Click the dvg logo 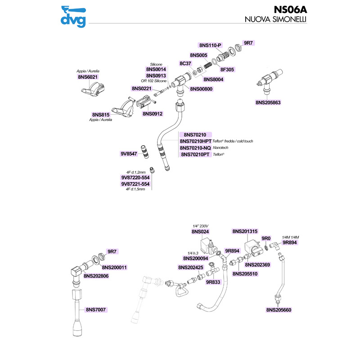point(74,16)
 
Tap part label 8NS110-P point(210,45)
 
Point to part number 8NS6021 point(89,77)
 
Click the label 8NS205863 point(268,103)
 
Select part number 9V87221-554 point(135,184)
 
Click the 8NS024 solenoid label point(201,231)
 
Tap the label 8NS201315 point(245,231)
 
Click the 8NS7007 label point(98,310)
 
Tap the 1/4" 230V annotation point(201,225)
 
